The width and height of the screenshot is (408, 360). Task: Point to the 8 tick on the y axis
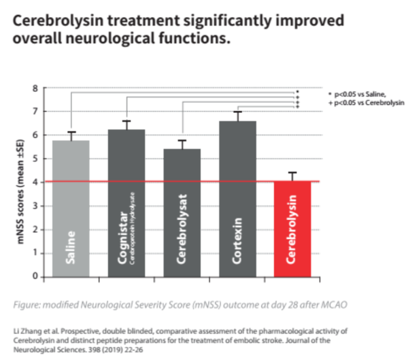tap(35, 88)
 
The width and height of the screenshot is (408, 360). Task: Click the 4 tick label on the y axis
tap(35, 182)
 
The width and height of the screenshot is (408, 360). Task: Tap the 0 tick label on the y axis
tap(35, 276)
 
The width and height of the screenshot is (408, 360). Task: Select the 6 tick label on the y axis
tap(35, 135)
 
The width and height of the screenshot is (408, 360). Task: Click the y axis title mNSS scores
tap(20, 182)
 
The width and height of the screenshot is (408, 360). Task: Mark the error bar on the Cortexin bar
tap(237, 116)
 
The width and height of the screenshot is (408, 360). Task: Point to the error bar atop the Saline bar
tap(71, 135)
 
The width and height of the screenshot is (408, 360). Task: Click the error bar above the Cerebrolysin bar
tap(292, 176)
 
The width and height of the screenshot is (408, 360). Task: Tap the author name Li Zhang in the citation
tap(30, 328)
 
